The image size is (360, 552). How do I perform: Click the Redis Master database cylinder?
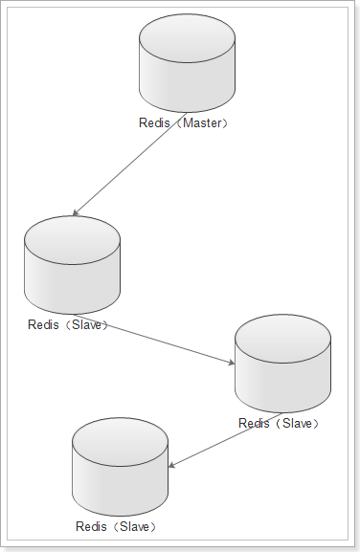tap(187, 63)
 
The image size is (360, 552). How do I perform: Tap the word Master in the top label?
tap(202, 122)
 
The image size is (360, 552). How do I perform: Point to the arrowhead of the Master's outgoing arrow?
tap(75, 213)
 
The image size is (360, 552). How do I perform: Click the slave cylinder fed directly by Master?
tap(72, 265)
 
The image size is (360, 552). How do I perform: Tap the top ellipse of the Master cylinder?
tap(187, 38)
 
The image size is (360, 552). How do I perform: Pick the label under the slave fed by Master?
tap(68, 324)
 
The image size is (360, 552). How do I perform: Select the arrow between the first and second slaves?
tap(154, 339)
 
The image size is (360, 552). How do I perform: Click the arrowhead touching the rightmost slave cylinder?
tap(232, 363)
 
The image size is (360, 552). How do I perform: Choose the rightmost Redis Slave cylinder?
tap(282, 364)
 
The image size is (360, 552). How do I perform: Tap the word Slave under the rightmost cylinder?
tap(297, 423)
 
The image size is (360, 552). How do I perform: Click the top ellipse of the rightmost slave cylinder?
tap(282, 339)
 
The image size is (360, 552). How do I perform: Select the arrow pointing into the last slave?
tap(225, 440)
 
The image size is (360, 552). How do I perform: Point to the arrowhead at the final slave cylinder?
tap(171, 466)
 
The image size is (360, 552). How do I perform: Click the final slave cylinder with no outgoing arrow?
tap(120, 467)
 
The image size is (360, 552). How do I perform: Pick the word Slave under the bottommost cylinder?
tap(135, 527)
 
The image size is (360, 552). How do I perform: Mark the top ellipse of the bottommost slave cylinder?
tap(120, 442)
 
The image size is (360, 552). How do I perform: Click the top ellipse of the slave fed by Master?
tap(72, 240)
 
